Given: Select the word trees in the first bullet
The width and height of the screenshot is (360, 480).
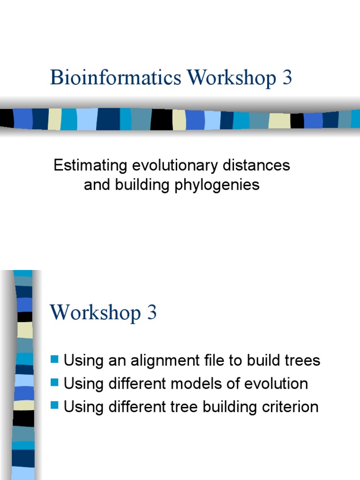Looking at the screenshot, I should pyautogui.click(x=300, y=360).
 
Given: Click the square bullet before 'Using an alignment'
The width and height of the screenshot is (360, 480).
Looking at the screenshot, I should pyautogui.click(x=55, y=360).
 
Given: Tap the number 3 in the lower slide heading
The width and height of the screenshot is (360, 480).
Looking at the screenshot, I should pyautogui.click(x=152, y=313).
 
